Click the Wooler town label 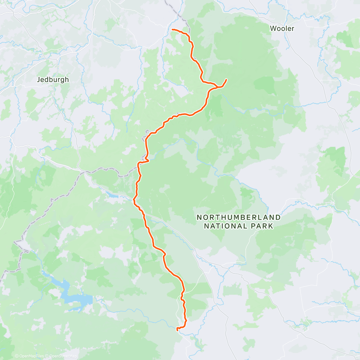pyautogui.click(x=282, y=28)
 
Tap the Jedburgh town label pyautogui.click(x=52, y=79)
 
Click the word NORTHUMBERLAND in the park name pyautogui.click(x=238, y=217)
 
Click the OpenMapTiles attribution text pyautogui.click(x=31, y=356)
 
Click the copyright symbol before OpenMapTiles pyautogui.click(x=17, y=356)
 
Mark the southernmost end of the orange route pyautogui.click(x=178, y=329)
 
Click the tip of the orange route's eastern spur pyautogui.click(x=226, y=79)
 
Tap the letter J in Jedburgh pyautogui.click(x=38, y=79)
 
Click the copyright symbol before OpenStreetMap pyautogui.click(x=47, y=356)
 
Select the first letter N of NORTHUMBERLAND pyautogui.click(x=199, y=217)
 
